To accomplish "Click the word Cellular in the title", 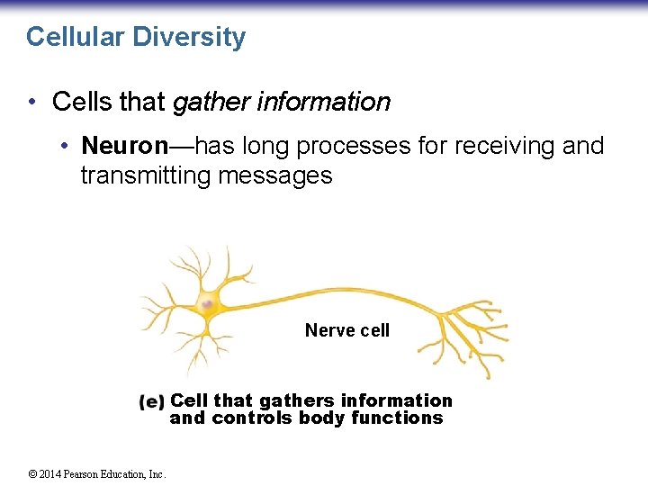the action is point(76,37).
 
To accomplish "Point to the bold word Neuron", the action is point(124,145).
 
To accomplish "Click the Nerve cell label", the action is point(347,330).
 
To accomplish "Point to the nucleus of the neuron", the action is point(208,305).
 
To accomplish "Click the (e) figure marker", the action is point(152,401).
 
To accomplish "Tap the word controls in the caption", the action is point(253,418).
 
